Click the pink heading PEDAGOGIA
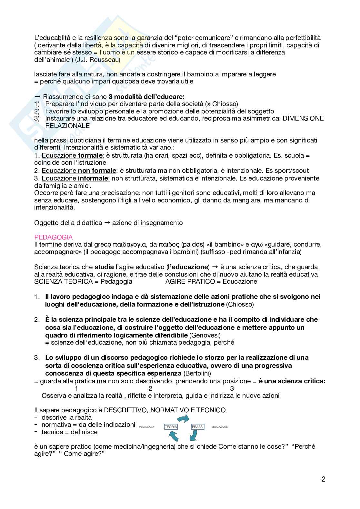53,237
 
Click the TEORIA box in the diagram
171,426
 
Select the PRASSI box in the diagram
197,426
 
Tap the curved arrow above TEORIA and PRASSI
184,418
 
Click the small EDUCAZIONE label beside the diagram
219,427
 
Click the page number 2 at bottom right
323,479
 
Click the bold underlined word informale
94,178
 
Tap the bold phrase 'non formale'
97,171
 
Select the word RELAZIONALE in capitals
67,126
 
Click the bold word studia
104,267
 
